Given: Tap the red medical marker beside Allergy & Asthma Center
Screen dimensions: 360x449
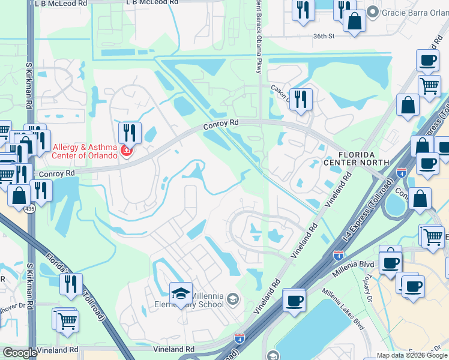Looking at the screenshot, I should pos(126,150).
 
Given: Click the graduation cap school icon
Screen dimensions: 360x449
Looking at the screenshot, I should pos(181,293).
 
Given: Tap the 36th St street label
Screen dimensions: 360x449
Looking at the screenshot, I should pos(323,36).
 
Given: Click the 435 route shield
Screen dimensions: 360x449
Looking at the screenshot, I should pos(29,209).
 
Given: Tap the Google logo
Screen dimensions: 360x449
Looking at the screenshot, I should pos(20,353).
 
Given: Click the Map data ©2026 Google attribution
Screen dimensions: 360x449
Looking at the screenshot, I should pos(412,355).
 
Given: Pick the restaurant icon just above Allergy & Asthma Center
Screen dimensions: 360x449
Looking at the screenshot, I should pos(130,131).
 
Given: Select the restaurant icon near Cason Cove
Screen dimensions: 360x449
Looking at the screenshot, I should pos(301,99).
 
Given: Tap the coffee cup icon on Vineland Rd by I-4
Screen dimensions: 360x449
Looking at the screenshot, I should pos(294,300).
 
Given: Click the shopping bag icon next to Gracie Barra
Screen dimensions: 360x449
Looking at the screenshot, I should pos(355,20).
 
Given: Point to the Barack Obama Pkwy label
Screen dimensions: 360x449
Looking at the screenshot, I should pos(259,36).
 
